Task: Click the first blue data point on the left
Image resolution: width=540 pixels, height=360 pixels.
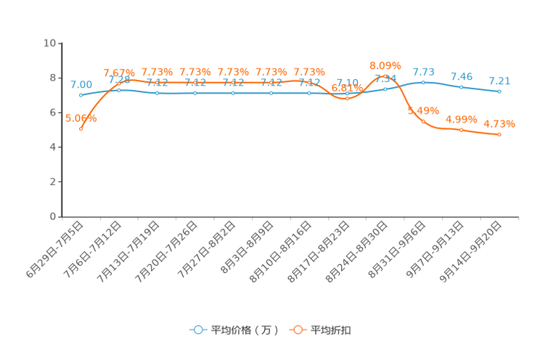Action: coord(81,96)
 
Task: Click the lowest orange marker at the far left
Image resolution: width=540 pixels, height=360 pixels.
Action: coord(81,128)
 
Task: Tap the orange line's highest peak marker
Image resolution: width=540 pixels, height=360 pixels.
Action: coord(385,75)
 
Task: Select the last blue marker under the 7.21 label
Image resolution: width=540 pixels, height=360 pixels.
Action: coord(499,92)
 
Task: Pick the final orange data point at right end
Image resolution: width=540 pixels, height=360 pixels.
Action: coord(499,135)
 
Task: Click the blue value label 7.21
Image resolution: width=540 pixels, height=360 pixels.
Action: coord(499,81)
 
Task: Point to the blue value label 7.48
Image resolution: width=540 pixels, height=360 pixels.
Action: coord(462,75)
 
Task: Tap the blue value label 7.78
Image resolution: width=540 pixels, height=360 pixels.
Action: coord(423,71)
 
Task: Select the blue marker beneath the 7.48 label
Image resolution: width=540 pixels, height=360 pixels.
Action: coord(461,87)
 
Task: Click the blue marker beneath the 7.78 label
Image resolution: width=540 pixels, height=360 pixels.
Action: coord(423,81)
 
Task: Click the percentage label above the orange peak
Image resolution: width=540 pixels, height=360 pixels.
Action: coord(385,65)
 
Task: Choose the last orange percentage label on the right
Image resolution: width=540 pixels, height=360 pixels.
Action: coord(499,123)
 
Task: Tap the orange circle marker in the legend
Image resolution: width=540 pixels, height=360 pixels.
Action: coord(298,330)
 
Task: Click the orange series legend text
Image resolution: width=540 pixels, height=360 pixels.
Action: coord(331,330)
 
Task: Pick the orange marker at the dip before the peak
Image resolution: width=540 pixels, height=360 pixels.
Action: coord(347,99)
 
